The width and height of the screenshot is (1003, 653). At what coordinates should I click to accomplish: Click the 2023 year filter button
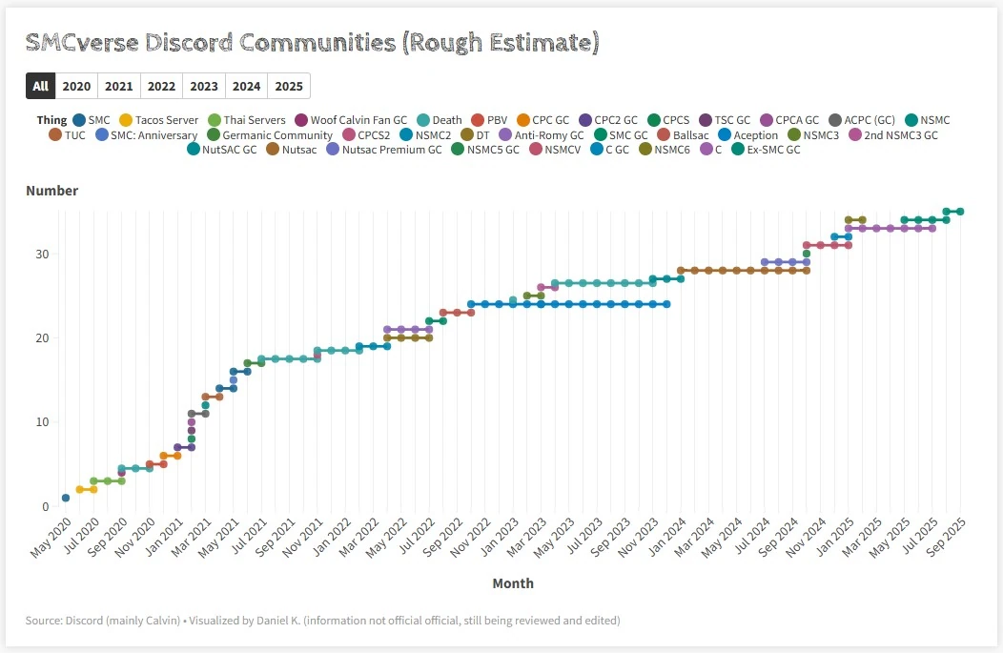coord(204,86)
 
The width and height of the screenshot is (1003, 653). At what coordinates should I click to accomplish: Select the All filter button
coord(41,86)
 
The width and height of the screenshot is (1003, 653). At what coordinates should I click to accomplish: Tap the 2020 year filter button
coord(76,86)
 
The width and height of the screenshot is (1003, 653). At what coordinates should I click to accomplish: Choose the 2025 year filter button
coord(289,86)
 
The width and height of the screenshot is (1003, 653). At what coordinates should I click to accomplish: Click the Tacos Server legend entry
coord(159,120)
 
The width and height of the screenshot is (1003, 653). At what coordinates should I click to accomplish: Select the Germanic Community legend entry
coord(270,135)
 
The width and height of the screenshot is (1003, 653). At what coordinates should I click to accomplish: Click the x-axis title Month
coord(513,583)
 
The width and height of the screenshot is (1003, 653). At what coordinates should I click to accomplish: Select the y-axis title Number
coord(52,191)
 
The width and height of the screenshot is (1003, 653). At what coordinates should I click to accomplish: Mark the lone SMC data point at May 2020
coord(65,498)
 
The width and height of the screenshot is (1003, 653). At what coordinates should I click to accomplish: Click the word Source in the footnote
coord(44,621)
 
